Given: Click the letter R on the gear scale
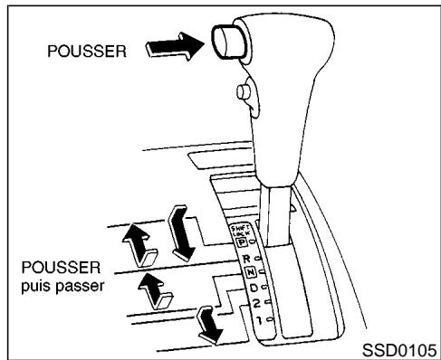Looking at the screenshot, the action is tap(245, 259).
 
